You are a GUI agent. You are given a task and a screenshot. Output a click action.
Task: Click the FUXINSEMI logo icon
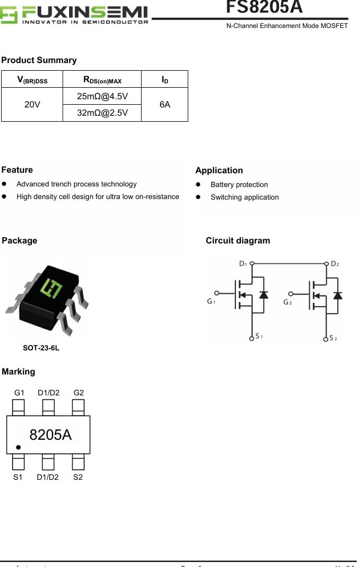tap(9, 15)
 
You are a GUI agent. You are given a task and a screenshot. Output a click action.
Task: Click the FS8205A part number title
tap(264, 7)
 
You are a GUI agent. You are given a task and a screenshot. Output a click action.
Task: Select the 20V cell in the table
tap(32, 104)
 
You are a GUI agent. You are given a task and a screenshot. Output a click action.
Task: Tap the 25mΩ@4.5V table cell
tap(102, 97)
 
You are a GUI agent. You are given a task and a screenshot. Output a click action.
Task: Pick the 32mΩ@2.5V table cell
tap(102, 112)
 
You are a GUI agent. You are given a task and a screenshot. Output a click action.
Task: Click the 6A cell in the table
tap(165, 104)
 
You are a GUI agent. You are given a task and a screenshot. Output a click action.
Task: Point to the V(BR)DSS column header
tap(32, 80)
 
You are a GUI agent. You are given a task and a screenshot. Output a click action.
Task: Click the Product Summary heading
tap(39, 60)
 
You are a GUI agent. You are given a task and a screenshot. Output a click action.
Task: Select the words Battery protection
tap(239, 185)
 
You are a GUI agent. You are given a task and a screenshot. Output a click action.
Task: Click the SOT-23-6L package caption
tap(41, 348)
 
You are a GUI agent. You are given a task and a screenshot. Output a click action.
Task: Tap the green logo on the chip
tap(53, 287)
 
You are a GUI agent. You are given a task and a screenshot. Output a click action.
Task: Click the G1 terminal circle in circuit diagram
tap(216, 293)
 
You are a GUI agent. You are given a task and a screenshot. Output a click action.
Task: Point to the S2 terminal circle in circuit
tap(325, 338)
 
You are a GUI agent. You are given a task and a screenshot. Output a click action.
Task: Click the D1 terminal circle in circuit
tap(252, 264)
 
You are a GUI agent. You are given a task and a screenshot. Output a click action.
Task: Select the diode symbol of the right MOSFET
tap(337, 295)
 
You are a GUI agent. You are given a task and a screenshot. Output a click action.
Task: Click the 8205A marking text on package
tap(50, 435)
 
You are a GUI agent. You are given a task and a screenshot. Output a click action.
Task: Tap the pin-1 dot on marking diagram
tap(18, 447)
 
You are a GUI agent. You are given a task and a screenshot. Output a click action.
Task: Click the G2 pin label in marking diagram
tap(78, 393)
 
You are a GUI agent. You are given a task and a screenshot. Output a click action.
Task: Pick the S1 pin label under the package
tap(18, 477)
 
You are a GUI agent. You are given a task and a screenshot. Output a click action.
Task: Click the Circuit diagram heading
tap(238, 241)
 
